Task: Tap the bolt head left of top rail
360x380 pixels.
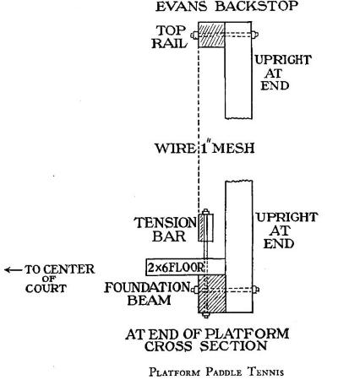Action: [194, 35]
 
